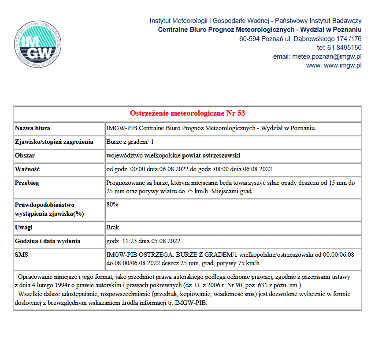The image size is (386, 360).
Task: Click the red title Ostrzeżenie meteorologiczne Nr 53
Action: pos(187,113)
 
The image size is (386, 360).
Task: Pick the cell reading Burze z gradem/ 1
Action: pos(130,142)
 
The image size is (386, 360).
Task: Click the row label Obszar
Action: pos(25,156)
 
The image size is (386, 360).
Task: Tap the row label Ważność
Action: pos(28,169)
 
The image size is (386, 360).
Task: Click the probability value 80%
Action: pos(112,205)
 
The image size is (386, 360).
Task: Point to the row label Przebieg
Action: pos(27,183)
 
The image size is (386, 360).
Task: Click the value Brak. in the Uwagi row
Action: pos(113,228)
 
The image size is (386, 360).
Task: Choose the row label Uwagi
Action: pos(24,228)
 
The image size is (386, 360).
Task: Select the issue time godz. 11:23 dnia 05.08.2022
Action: pos(143,241)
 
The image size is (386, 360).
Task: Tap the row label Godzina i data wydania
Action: pos(48,241)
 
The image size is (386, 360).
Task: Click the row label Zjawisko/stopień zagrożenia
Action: pos(54,142)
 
